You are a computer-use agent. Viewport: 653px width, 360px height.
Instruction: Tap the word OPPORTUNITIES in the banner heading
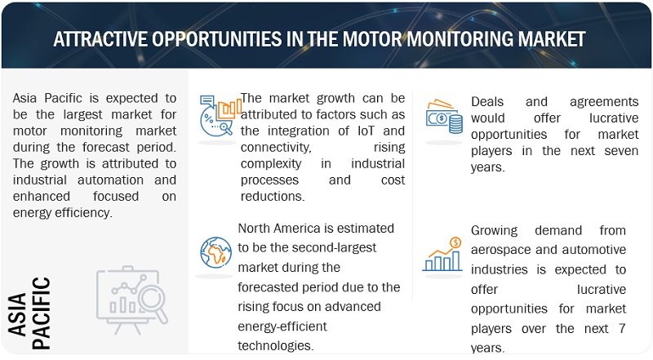(216, 39)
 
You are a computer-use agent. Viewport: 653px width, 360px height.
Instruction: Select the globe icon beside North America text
(215, 252)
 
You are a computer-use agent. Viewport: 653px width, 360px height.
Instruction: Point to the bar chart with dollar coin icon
(442, 254)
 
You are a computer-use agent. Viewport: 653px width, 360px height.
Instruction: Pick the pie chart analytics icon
(220, 116)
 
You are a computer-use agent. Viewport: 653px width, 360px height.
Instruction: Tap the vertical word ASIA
(17, 314)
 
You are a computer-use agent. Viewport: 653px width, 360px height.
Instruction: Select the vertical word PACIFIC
(42, 313)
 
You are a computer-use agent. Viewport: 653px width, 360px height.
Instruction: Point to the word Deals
(487, 102)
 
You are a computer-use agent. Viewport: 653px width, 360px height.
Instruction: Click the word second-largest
(323, 247)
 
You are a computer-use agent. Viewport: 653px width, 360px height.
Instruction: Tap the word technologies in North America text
(275, 345)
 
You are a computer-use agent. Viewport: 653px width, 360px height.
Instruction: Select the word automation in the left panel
(110, 180)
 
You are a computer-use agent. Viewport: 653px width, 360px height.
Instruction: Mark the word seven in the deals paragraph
(621, 151)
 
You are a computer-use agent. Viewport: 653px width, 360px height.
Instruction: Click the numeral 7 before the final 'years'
(622, 328)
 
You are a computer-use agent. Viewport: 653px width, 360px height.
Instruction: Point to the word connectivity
(276, 148)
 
